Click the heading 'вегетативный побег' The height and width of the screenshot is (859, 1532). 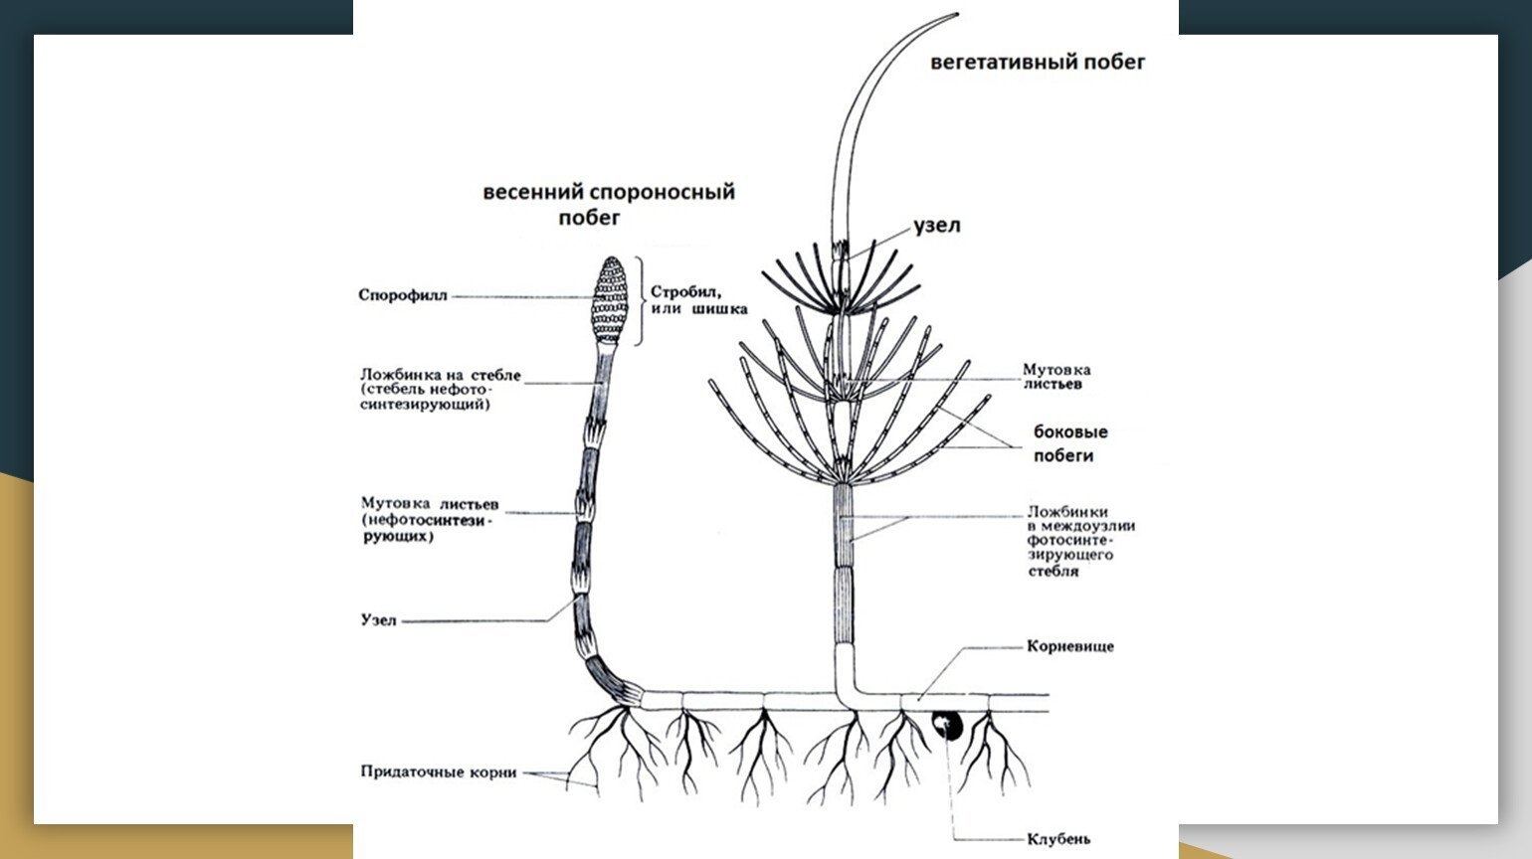(x=1038, y=62)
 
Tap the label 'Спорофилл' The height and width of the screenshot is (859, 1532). (x=403, y=295)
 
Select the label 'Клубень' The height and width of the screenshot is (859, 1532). (x=1059, y=839)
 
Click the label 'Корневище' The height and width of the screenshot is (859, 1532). (x=1070, y=646)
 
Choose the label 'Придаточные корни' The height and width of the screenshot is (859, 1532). (x=439, y=772)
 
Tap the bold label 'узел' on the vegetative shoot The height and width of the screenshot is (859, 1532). (x=937, y=226)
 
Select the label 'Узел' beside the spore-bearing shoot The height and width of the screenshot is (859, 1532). (x=378, y=620)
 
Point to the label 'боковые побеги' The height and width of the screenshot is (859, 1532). (x=1069, y=443)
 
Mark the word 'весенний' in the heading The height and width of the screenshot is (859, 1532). (x=531, y=192)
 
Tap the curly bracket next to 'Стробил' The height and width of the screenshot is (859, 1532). (x=641, y=301)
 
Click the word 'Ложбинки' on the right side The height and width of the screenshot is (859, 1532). (x=1068, y=512)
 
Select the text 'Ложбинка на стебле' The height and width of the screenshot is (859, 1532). (x=440, y=375)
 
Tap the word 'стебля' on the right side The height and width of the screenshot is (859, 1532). (x=1053, y=572)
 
